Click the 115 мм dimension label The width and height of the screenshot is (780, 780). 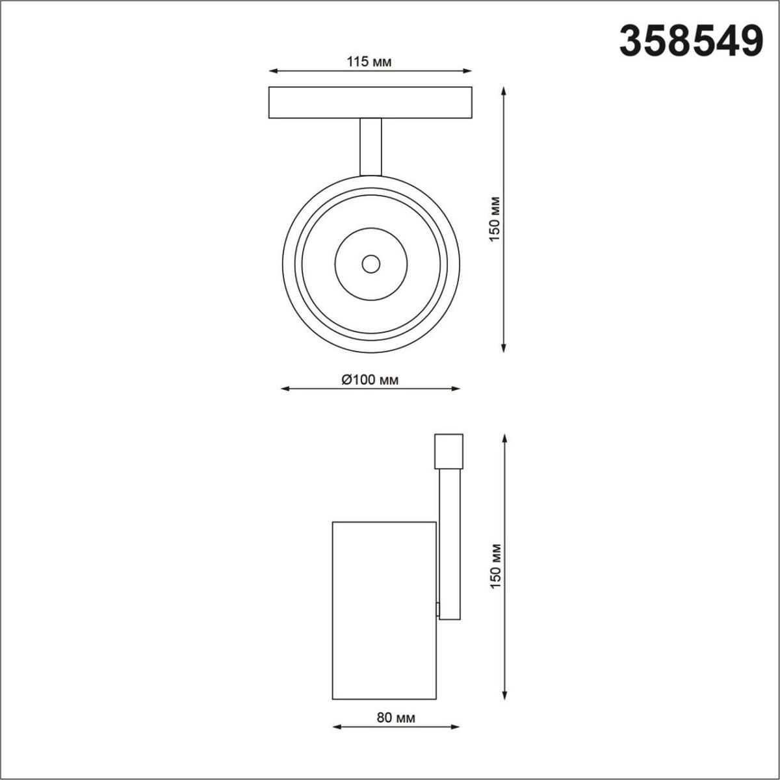tap(369, 62)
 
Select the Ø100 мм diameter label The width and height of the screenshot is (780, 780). tap(369, 380)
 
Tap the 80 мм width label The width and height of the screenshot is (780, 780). tap(395, 718)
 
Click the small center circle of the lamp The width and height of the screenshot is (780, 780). tap(371, 264)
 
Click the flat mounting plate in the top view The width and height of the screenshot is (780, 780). tap(370, 102)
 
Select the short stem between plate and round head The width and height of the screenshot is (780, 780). tap(370, 146)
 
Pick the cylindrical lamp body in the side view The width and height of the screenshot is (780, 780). tap(383, 612)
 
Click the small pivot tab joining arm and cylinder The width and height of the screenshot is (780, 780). tap(438, 609)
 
